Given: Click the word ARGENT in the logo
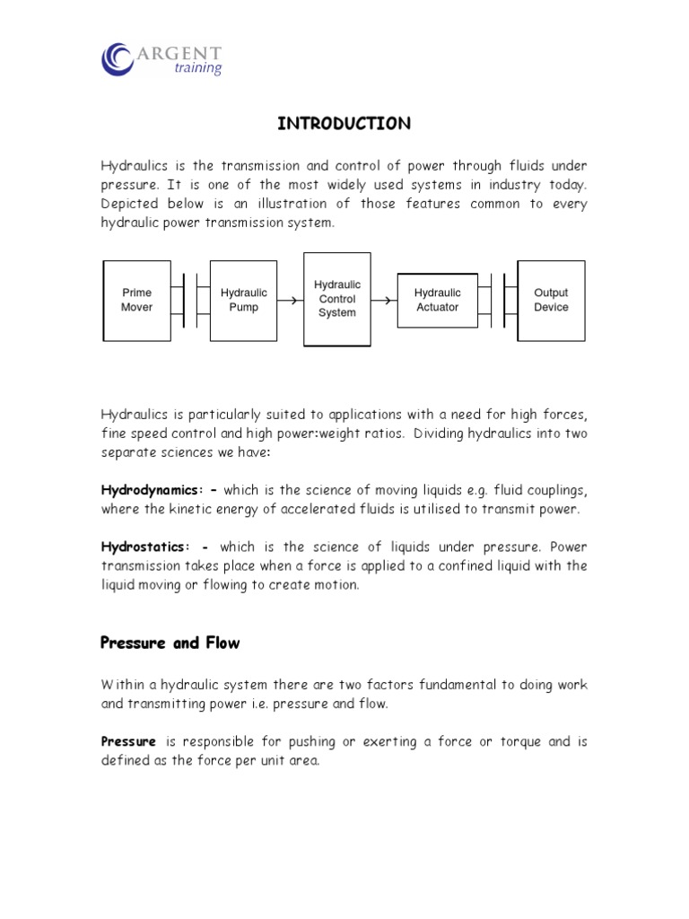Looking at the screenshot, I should (x=179, y=53).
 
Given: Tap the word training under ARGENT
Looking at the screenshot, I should (x=197, y=69).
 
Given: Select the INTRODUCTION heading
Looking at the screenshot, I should (x=344, y=124).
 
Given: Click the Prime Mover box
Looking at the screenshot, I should (x=136, y=300).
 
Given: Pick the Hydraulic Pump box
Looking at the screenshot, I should (x=243, y=300).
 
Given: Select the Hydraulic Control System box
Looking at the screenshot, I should (x=336, y=299).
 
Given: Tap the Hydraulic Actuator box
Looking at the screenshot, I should (x=437, y=300).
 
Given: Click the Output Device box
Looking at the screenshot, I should (x=551, y=300).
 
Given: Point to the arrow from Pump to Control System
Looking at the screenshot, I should (x=290, y=301).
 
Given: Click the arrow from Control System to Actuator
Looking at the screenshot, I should (x=383, y=301).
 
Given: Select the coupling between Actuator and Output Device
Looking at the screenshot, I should (x=497, y=301).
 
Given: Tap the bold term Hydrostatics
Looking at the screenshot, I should (x=144, y=547).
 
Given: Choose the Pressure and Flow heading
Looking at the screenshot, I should (x=170, y=643).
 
